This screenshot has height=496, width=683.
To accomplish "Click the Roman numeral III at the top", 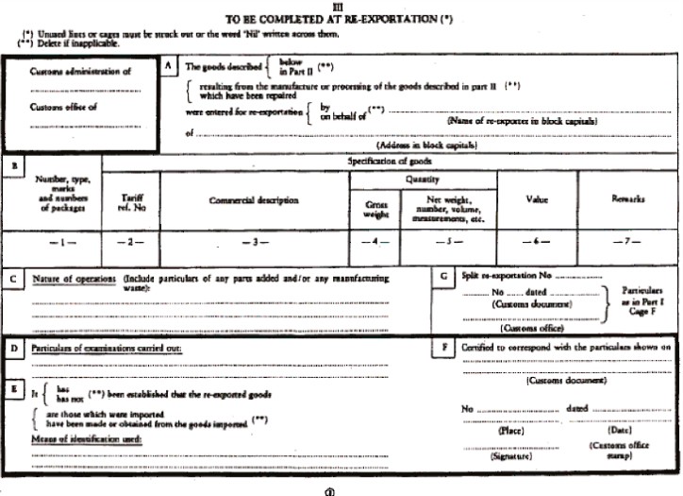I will (341, 9).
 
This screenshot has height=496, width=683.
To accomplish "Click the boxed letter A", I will (169, 66).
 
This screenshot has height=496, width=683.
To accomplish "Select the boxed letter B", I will (14, 166).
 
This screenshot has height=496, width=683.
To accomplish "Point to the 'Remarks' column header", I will (627, 200).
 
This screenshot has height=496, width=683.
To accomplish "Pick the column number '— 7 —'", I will (627, 244).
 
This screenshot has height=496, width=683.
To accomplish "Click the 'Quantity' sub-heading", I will (422, 180).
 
